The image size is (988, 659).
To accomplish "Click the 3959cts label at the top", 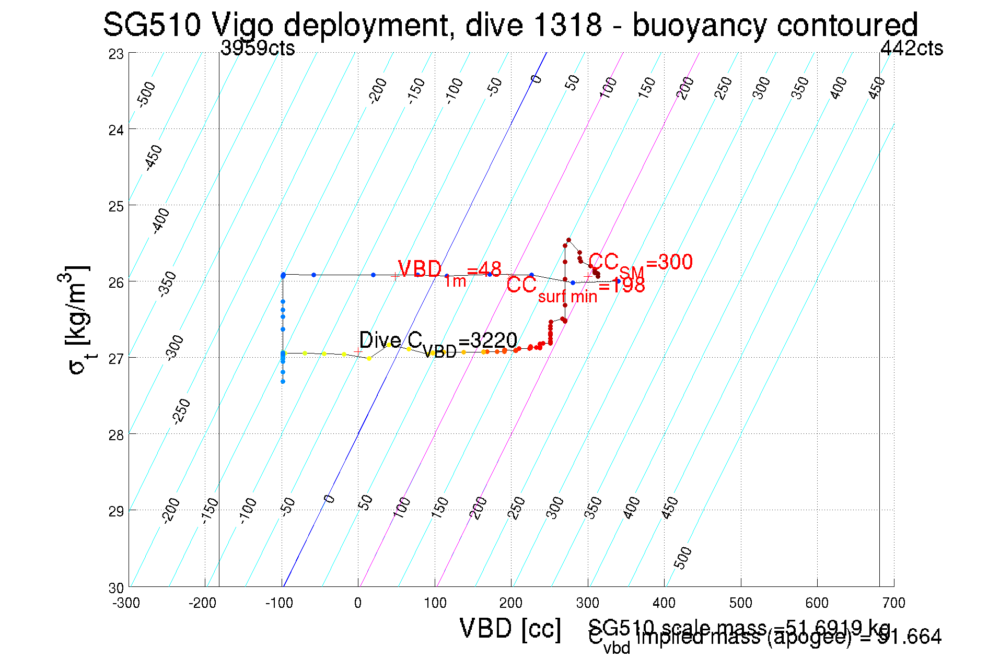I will (x=258, y=49).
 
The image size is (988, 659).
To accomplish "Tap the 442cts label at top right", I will (x=911, y=49).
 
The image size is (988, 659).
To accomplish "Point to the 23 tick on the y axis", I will (x=116, y=54).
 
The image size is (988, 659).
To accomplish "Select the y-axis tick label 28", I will (x=116, y=435).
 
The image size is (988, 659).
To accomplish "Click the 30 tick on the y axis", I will (x=116, y=588).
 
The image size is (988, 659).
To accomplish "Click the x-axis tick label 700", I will (x=893, y=604).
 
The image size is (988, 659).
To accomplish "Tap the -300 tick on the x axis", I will (x=126, y=604).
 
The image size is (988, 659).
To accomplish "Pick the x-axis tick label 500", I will (x=740, y=604).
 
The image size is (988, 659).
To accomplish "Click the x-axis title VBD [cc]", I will (x=510, y=629).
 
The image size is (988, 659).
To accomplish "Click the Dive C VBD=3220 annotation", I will (x=438, y=343).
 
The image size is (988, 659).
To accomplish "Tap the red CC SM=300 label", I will (x=640, y=264).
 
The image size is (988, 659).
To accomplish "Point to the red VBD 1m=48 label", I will (x=449, y=272).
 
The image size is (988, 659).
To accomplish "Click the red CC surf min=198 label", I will (x=575, y=288).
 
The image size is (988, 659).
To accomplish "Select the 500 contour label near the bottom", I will (x=683, y=558).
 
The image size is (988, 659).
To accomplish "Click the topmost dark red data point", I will (x=568, y=240).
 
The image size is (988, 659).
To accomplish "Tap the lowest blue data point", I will (x=283, y=382).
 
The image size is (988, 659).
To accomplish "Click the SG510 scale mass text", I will (x=739, y=627).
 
